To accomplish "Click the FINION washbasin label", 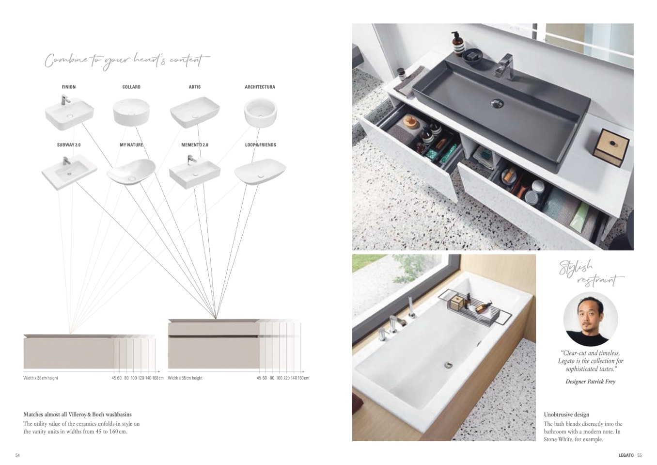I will point(69,87).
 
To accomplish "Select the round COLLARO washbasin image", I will point(131,112).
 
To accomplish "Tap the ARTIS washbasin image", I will point(194,112).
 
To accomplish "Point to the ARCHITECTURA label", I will point(260,87).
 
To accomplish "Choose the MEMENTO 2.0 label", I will point(194,145).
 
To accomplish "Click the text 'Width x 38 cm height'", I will point(41,378).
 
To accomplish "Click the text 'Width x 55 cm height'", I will point(185,378).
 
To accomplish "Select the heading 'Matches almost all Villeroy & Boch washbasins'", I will point(78,415).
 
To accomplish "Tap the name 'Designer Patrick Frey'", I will point(590,382).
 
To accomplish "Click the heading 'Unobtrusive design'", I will point(566,415).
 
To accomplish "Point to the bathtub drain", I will point(448,365).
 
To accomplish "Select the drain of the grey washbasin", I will point(498,103).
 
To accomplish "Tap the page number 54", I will point(18,455).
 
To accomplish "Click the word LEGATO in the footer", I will point(626,455).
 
